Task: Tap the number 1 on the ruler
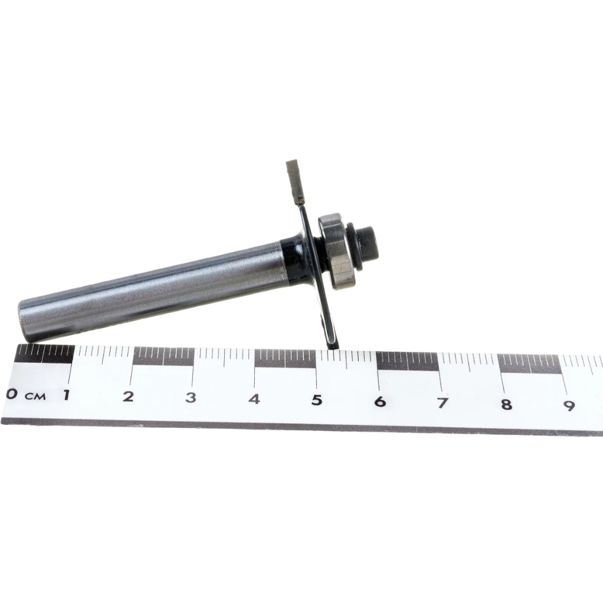[x=67, y=395]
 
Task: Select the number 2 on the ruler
[x=128, y=396]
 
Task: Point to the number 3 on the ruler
[x=191, y=397]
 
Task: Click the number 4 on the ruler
[x=254, y=398]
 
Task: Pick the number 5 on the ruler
[x=317, y=400]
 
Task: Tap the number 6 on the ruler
[x=379, y=401]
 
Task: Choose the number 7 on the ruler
[x=442, y=402]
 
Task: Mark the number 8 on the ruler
[x=507, y=404]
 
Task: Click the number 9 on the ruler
[x=569, y=405]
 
